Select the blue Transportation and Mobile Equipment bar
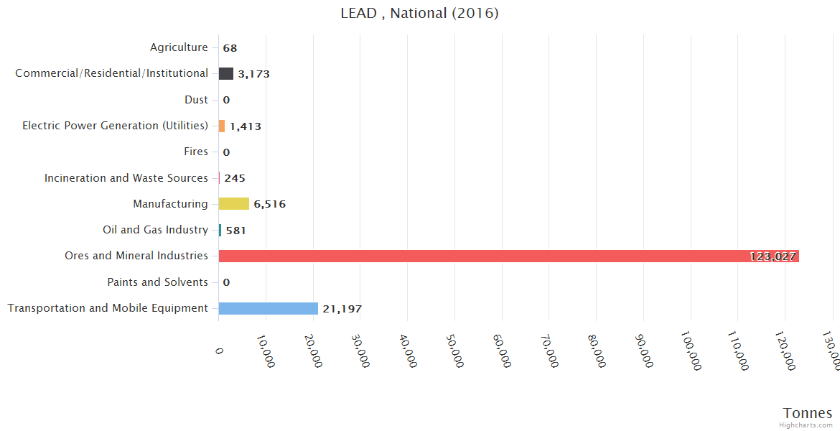tap(268, 308)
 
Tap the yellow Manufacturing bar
tap(234, 204)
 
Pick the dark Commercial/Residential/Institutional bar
tap(226, 73)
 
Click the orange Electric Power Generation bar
tap(222, 126)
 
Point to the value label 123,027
tap(773, 256)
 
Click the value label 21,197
tap(342, 309)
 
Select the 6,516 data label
tap(269, 204)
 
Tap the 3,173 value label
tap(253, 74)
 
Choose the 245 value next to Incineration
tap(235, 178)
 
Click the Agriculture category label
tap(179, 47)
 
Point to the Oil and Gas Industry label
tap(155, 230)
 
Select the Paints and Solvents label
tap(157, 282)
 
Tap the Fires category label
tap(196, 152)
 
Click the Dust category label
tap(196, 100)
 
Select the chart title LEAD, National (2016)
tap(419, 14)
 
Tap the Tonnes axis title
tap(807, 413)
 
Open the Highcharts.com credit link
tap(807, 425)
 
